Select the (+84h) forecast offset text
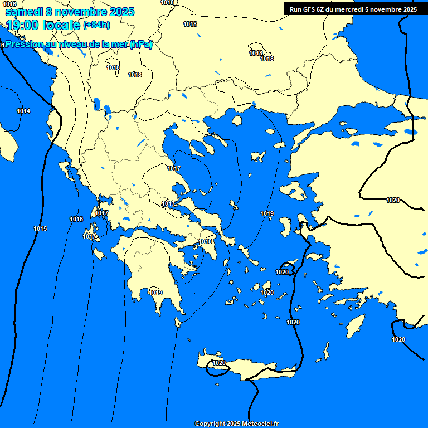(x=96, y=25)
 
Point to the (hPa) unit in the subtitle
(x=141, y=45)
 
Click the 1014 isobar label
(x=23, y=111)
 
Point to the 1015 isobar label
(x=40, y=228)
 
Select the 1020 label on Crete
(x=219, y=363)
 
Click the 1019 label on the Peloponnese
(x=155, y=293)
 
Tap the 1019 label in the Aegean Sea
(x=267, y=213)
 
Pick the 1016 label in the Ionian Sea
(x=76, y=219)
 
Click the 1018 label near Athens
(x=206, y=241)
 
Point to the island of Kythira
(x=178, y=322)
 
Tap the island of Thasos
(x=237, y=120)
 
